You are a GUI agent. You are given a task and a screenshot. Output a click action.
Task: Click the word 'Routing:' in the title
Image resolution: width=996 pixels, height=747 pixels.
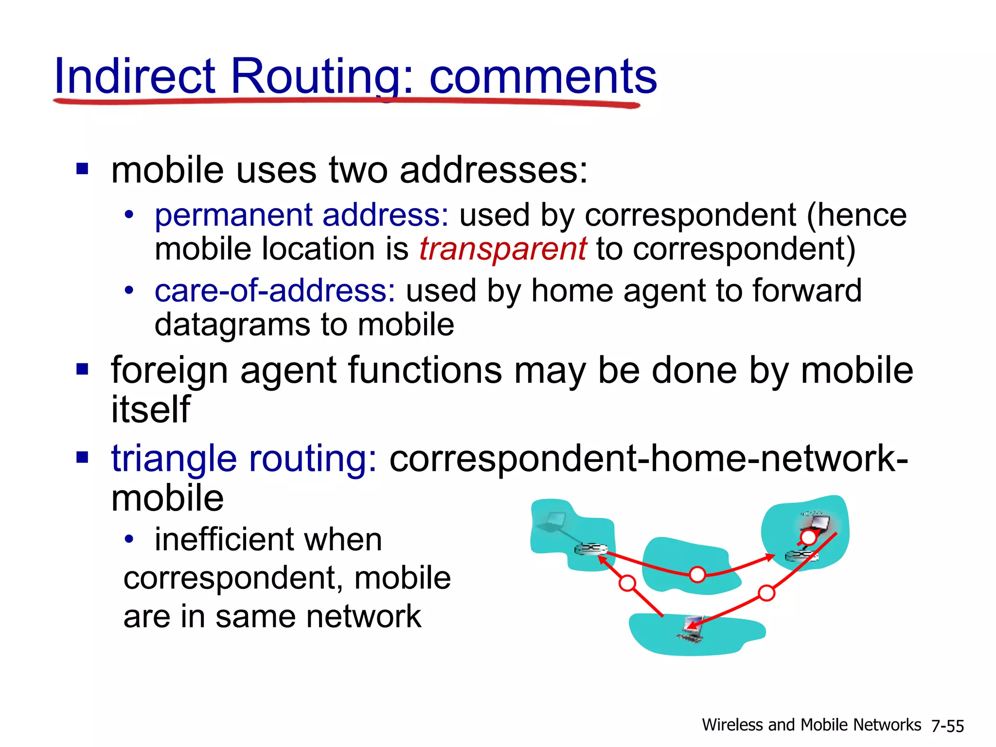coord(321,77)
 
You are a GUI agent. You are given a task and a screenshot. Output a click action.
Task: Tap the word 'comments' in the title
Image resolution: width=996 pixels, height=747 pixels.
coord(543,77)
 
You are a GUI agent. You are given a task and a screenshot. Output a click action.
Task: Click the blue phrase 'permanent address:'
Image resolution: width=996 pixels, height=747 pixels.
coord(302,215)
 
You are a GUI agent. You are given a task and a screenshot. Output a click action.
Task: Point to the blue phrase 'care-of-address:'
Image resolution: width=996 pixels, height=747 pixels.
coord(275,291)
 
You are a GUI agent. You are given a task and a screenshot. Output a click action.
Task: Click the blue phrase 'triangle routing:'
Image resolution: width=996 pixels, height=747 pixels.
coord(244,459)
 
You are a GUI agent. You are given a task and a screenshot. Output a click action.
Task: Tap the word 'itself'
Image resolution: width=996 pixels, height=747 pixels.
coord(150,409)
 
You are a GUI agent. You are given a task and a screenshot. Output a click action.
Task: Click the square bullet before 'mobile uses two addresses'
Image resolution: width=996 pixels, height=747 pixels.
coord(82,169)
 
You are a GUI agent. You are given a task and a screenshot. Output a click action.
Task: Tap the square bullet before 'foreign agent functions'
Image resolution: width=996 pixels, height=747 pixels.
coord(82,370)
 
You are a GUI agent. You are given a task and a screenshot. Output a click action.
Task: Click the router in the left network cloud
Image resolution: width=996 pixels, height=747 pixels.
coord(590,550)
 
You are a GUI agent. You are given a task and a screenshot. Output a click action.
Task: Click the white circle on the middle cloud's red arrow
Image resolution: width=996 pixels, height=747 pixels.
coord(697,575)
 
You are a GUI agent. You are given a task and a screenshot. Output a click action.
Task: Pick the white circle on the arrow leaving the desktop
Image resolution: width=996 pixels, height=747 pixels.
coord(627,583)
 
